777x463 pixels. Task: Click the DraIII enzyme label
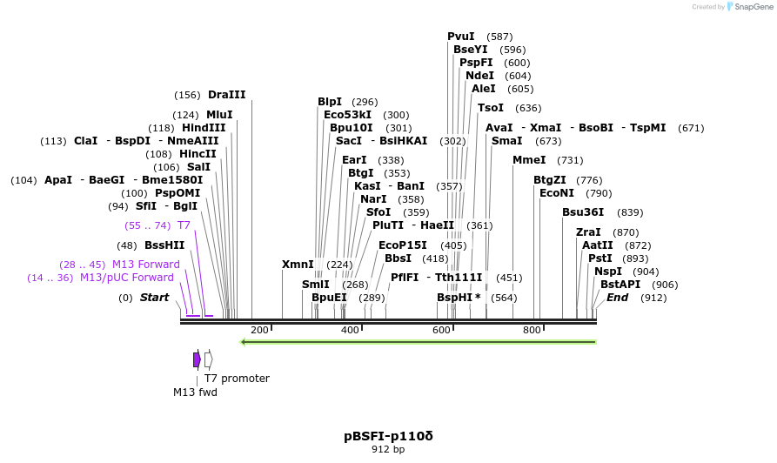pyautogui.click(x=226, y=95)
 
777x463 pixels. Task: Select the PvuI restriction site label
pyautogui.click(x=460, y=37)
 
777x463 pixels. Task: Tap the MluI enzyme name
pyautogui.click(x=219, y=115)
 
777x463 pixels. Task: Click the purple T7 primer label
pyautogui.click(x=184, y=225)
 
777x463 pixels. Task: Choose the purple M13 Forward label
pyautogui.click(x=145, y=265)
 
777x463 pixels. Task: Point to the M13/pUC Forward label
pyautogui.click(x=127, y=278)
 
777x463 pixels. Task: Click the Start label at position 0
pyautogui.click(x=154, y=298)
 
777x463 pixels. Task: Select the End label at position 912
pyautogui.click(x=617, y=298)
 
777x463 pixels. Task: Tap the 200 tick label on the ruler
pyautogui.click(x=259, y=330)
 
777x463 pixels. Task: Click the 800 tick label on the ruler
pyautogui.click(x=532, y=330)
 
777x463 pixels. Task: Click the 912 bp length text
pyautogui.click(x=388, y=449)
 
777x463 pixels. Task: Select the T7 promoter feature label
pyautogui.click(x=237, y=379)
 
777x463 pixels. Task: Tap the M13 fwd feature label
pyautogui.click(x=195, y=393)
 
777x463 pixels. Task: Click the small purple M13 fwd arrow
pyautogui.click(x=198, y=359)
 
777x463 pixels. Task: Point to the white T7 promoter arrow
pyautogui.click(x=208, y=359)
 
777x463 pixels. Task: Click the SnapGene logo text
pyautogui.click(x=752, y=7)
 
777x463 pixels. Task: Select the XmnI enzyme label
pyautogui.click(x=298, y=265)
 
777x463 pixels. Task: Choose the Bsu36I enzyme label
pyautogui.click(x=582, y=212)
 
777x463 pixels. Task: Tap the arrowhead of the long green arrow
pyautogui.click(x=244, y=342)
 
